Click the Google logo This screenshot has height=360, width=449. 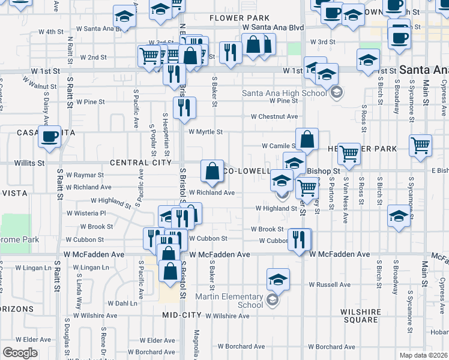click(x=20, y=353)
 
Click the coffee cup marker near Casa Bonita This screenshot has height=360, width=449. click(x=49, y=136)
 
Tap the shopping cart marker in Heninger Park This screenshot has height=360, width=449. click(x=349, y=154)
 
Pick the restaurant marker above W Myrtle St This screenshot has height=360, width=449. click(x=184, y=107)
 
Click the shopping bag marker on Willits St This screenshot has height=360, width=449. click(x=212, y=171)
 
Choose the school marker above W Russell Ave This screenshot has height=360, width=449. click(x=278, y=280)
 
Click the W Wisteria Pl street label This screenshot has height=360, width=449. click(x=86, y=213)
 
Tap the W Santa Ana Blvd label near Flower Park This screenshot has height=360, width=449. click(x=273, y=28)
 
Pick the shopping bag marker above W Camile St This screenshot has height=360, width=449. click(x=307, y=140)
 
